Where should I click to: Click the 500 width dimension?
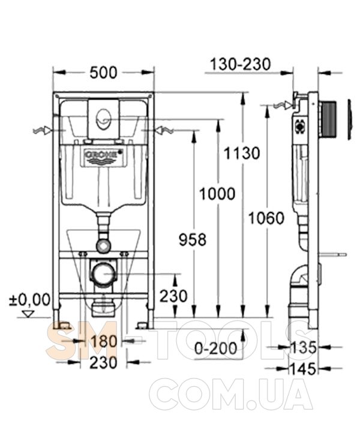coord(104,73)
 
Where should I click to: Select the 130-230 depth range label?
coord(241,64)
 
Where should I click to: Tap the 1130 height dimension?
coord(242,154)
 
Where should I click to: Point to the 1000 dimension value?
coord(217,194)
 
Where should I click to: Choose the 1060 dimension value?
coord(266,218)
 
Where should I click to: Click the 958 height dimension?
coord(193,239)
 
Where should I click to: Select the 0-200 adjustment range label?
coord(216,348)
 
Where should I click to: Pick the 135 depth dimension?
coord(302,347)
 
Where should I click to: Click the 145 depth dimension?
coord(302,369)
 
